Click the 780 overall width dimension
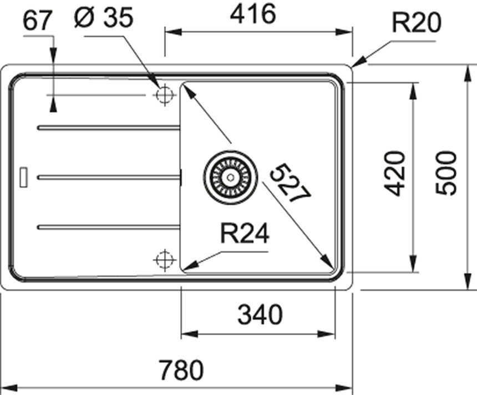point(181,369)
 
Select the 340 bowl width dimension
point(260,316)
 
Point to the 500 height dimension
point(446,173)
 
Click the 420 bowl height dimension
point(396,173)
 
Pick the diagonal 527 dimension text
point(291,182)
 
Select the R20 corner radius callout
point(415,23)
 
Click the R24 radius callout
point(244,235)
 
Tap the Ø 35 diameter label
point(103,18)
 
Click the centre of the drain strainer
point(230,176)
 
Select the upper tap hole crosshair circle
point(164,95)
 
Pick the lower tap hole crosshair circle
point(164,259)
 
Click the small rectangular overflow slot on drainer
point(24,176)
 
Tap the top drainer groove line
point(108,128)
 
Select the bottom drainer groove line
point(108,226)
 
